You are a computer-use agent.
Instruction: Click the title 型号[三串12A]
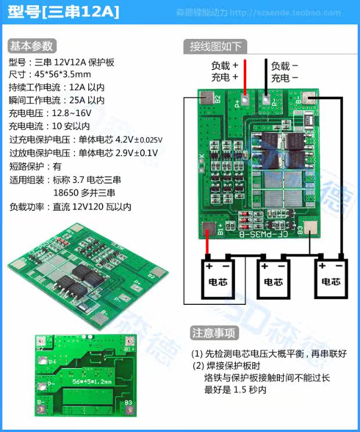pyautogui.click(x=64, y=12)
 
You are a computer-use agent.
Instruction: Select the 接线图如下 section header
pyautogui.click(x=215, y=46)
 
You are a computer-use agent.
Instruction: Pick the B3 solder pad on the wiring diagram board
pyautogui.click(x=312, y=229)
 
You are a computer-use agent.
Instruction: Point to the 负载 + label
pyautogui.click(x=225, y=66)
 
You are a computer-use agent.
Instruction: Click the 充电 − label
pyautogui.click(x=285, y=78)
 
